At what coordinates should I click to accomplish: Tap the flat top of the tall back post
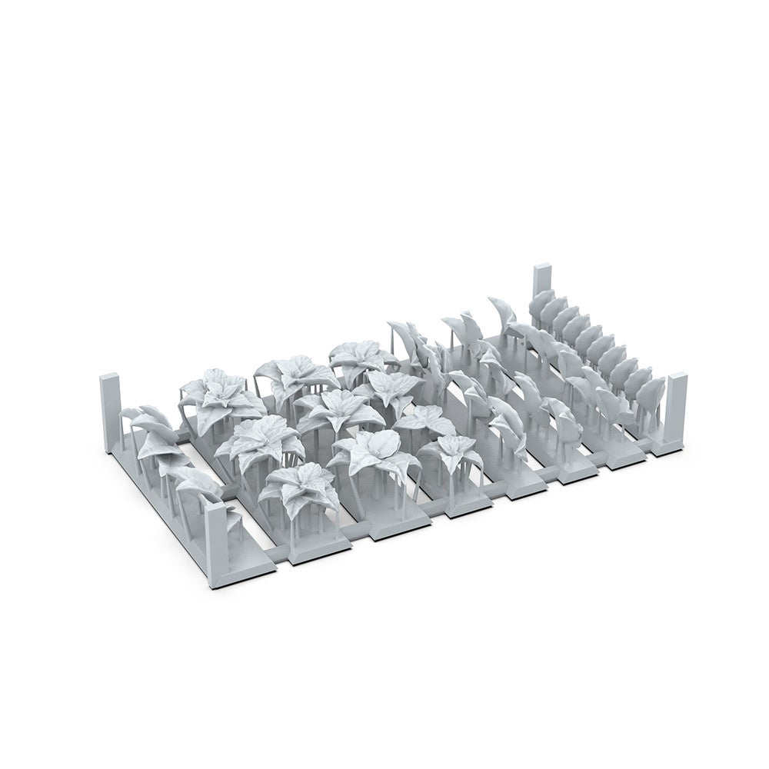(543, 268)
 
